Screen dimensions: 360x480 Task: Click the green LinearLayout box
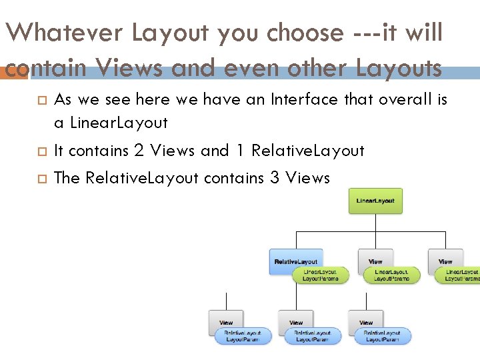pyautogui.click(x=375, y=201)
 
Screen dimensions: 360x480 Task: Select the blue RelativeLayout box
pyautogui.click(x=296, y=261)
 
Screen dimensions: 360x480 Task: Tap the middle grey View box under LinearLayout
pyautogui.click(x=375, y=261)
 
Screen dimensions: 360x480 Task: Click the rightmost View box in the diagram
pyautogui.click(x=445, y=261)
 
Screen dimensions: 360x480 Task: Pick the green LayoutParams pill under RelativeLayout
pyautogui.click(x=320, y=275)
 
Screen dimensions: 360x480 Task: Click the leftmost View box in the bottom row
pyautogui.click(x=226, y=322)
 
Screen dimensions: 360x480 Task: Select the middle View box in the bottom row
pyautogui.click(x=296, y=322)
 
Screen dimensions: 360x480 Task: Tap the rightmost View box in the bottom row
pyautogui.click(x=366, y=322)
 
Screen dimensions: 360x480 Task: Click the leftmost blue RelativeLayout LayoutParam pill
pyautogui.click(x=243, y=336)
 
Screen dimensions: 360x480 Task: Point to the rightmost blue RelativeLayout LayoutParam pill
pyautogui.click(x=383, y=336)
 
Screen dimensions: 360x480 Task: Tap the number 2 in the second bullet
pyautogui.click(x=139, y=151)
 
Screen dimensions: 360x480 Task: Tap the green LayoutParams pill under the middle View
pyautogui.click(x=392, y=275)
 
